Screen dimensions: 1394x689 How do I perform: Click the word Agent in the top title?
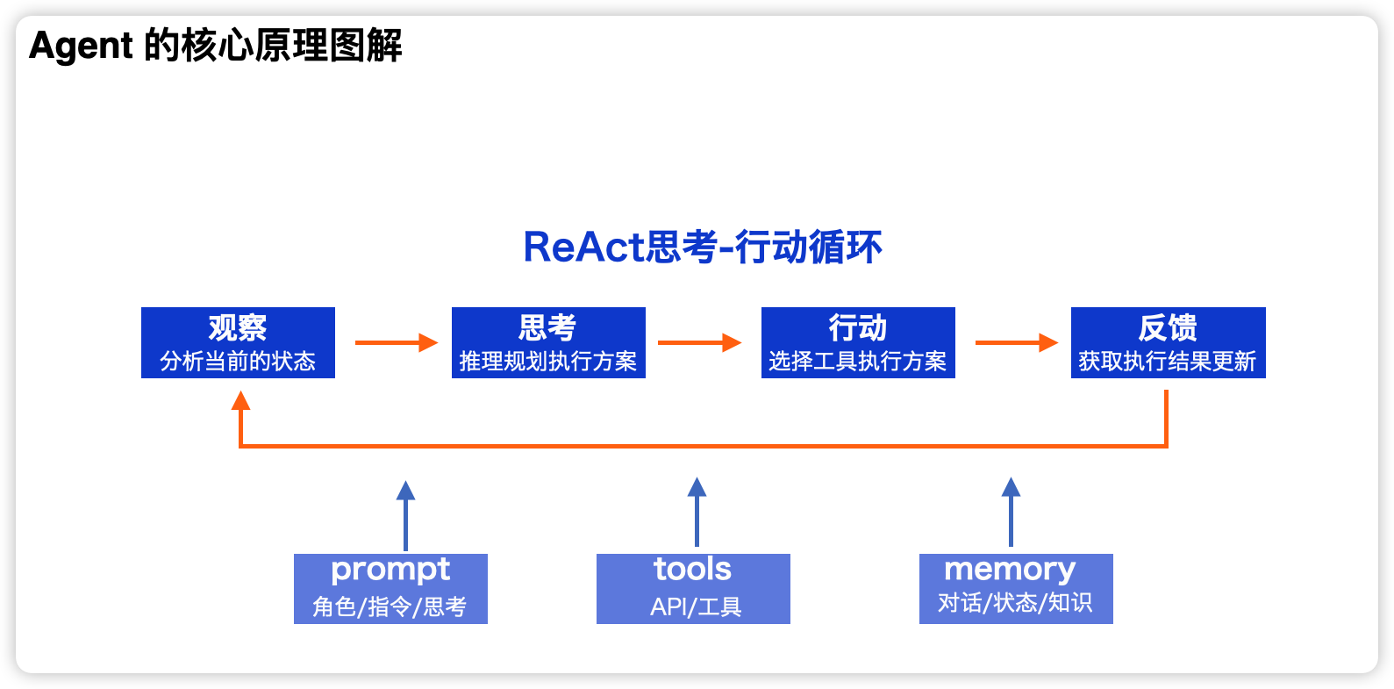[x=81, y=47]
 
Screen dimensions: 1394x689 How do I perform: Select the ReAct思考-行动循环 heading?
[x=703, y=248]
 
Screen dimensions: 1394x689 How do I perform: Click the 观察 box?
[x=238, y=342]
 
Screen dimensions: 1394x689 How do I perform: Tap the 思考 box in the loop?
[x=548, y=342]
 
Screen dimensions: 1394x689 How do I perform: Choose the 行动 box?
[x=858, y=342]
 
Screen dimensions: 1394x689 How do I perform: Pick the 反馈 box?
[x=1168, y=342]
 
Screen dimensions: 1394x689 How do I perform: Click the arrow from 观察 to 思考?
[x=397, y=342]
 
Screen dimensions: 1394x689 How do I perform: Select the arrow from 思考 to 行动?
[x=699, y=342]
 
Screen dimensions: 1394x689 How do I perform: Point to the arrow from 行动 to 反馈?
[x=1017, y=342]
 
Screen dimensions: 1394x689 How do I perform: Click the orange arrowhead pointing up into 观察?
[x=241, y=400]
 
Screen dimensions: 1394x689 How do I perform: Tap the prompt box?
[x=390, y=589]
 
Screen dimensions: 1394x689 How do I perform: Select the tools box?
[x=693, y=589]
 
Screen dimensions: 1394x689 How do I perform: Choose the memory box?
[x=1016, y=589]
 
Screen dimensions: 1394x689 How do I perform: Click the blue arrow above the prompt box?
[x=406, y=516]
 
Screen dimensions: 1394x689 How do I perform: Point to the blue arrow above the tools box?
[x=697, y=513]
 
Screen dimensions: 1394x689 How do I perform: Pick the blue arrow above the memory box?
[x=1012, y=513]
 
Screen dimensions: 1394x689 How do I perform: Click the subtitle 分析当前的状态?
[x=238, y=361]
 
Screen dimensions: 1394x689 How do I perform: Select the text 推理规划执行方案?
[x=548, y=361]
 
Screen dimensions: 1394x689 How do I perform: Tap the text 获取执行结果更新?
[x=1168, y=361]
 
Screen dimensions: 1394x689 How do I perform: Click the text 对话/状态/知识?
[x=1015, y=602]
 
